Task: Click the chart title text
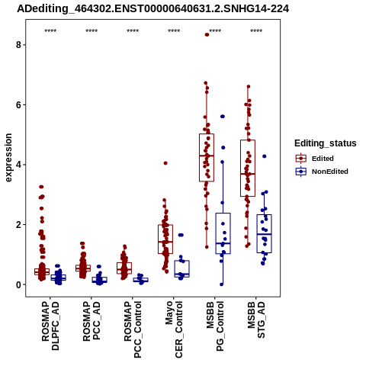pyautogui.click(x=152, y=9)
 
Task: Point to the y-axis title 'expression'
pyautogui.click(x=8, y=158)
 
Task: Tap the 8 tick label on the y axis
pyautogui.click(x=18, y=45)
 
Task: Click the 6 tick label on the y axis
pyautogui.click(x=18, y=104)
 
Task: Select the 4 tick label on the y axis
pyautogui.click(x=18, y=165)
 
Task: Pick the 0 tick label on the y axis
pyautogui.click(x=18, y=284)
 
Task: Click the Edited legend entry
pyautogui.click(x=315, y=159)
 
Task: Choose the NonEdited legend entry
pyautogui.click(x=322, y=172)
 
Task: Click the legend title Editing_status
pyautogui.click(x=326, y=143)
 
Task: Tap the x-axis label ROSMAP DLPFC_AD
pyautogui.click(x=50, y=326)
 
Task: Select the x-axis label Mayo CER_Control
pyautogui.click(x=174, y=329)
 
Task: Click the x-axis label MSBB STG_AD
pyautogui.click(x=256, y=319)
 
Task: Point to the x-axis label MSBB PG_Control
pyautogui.click(x=215, y=326)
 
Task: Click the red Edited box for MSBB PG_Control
pyautogui.click(x=207, y=158)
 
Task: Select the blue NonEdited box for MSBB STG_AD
pyautogui.click(x=265, y=234)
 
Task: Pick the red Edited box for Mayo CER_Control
pyautogui.click(x=165, y=239)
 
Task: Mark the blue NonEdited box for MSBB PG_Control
pyautogui.click(x=223, y=233)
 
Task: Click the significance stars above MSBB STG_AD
pyautogui.click(x=256, y=31)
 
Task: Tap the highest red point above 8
pyautogui.click(x=207, y=35)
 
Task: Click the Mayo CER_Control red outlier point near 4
pyautogui.click(x=165, y=163)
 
